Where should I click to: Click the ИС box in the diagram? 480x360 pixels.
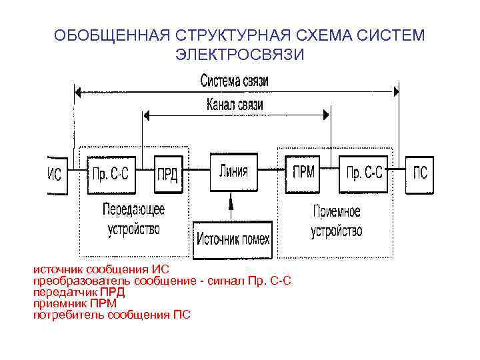(x=55, y=175)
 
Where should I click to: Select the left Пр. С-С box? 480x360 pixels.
(x=110, y=175)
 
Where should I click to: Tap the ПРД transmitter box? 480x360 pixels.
(x=167, y=175)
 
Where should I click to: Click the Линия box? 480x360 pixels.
(x=233, y=172)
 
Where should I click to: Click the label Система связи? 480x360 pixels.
(x=235, y=81)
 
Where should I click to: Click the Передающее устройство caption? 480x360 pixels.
(x=133, y=219)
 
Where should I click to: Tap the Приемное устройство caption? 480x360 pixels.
(x=337, y=221)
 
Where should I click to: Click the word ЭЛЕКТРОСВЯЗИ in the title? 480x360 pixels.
(x=239, y=54)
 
